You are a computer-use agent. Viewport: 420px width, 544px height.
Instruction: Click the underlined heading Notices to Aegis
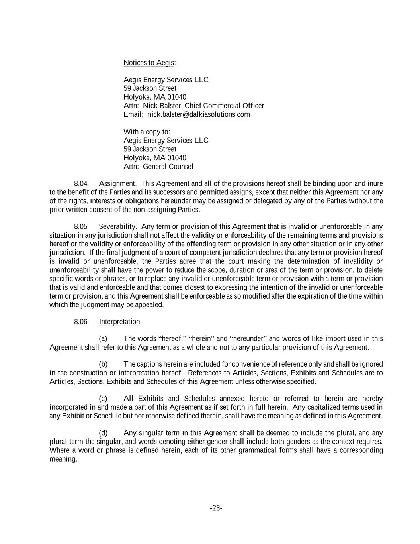(148, 63)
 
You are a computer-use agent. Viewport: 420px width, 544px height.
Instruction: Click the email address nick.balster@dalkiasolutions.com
(198, 114)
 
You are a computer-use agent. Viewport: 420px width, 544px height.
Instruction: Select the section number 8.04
(80, 183)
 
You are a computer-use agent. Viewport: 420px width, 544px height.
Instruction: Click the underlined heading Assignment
(117, 183)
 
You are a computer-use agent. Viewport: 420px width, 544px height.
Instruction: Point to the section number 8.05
(80, 226)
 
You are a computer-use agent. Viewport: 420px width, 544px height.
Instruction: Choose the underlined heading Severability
(117, 226)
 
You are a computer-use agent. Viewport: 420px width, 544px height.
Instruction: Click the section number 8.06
(80, 322)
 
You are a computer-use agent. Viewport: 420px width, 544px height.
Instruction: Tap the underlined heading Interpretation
(119, 322)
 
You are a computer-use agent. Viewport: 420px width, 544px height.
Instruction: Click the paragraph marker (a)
(103, 338)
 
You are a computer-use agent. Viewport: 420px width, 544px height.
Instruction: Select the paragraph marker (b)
(103, 364)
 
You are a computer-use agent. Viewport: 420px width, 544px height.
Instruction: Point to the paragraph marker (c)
(103, 399)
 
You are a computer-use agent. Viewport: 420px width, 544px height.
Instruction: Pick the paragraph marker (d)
(103, 433)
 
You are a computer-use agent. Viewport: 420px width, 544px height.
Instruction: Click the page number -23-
(216, 508)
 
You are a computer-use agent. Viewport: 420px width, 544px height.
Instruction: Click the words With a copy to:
(147, 132)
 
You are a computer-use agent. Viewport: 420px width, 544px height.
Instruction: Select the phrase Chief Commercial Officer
(224, 106)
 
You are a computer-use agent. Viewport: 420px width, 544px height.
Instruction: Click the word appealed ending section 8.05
(150, 304)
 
